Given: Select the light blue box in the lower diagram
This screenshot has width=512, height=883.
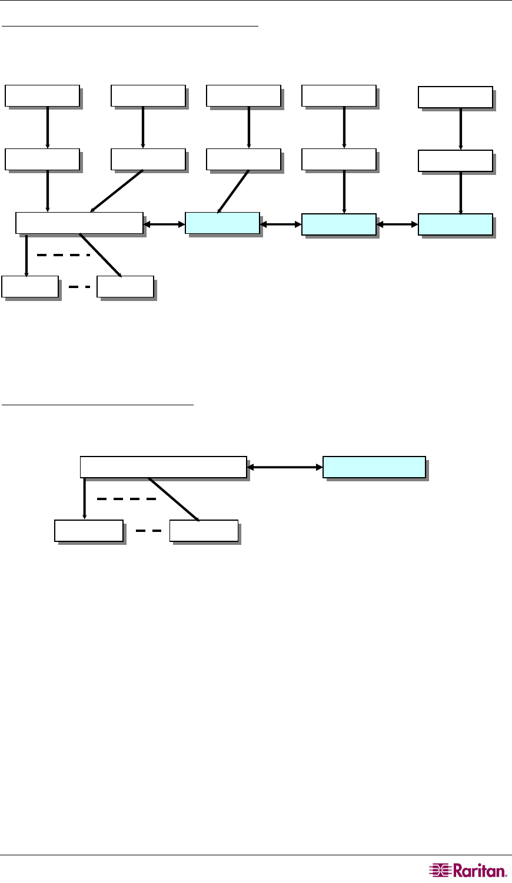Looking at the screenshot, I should click(374, 467).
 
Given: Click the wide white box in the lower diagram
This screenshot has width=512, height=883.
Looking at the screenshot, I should click(163, 467).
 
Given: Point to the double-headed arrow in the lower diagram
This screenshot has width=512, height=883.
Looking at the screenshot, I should click(285, 467).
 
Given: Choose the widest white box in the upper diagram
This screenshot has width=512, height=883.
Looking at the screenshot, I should click(79, 223).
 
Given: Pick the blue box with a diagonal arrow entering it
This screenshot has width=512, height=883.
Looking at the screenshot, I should click(222, 223).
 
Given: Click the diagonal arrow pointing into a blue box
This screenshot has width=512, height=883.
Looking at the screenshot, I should click(233, 191).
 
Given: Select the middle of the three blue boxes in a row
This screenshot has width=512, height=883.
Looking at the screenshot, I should click(338, 224).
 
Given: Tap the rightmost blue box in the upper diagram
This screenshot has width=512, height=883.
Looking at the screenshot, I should click(455, 224).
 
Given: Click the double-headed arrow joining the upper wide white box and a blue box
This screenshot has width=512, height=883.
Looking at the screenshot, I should click(164, 224).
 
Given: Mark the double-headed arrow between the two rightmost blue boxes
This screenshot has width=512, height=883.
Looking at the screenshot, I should click(397, 224).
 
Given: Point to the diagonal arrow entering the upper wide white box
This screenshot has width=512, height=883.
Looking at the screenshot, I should click(117, 191).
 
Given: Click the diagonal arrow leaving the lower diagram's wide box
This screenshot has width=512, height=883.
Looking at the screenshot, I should click(174, 500).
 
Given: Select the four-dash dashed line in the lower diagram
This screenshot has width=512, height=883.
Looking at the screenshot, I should click(127, 499).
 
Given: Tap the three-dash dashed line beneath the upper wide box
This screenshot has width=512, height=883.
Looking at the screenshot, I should click(63, 255).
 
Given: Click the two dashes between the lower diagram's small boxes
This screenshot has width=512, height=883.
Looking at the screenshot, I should click(148, 531).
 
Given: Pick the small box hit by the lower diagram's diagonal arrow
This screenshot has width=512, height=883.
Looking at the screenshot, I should click(204, 531).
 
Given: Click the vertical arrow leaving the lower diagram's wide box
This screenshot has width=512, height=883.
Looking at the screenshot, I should click(84, 498).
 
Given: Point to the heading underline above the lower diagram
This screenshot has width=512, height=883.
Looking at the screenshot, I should click(98, 405).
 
